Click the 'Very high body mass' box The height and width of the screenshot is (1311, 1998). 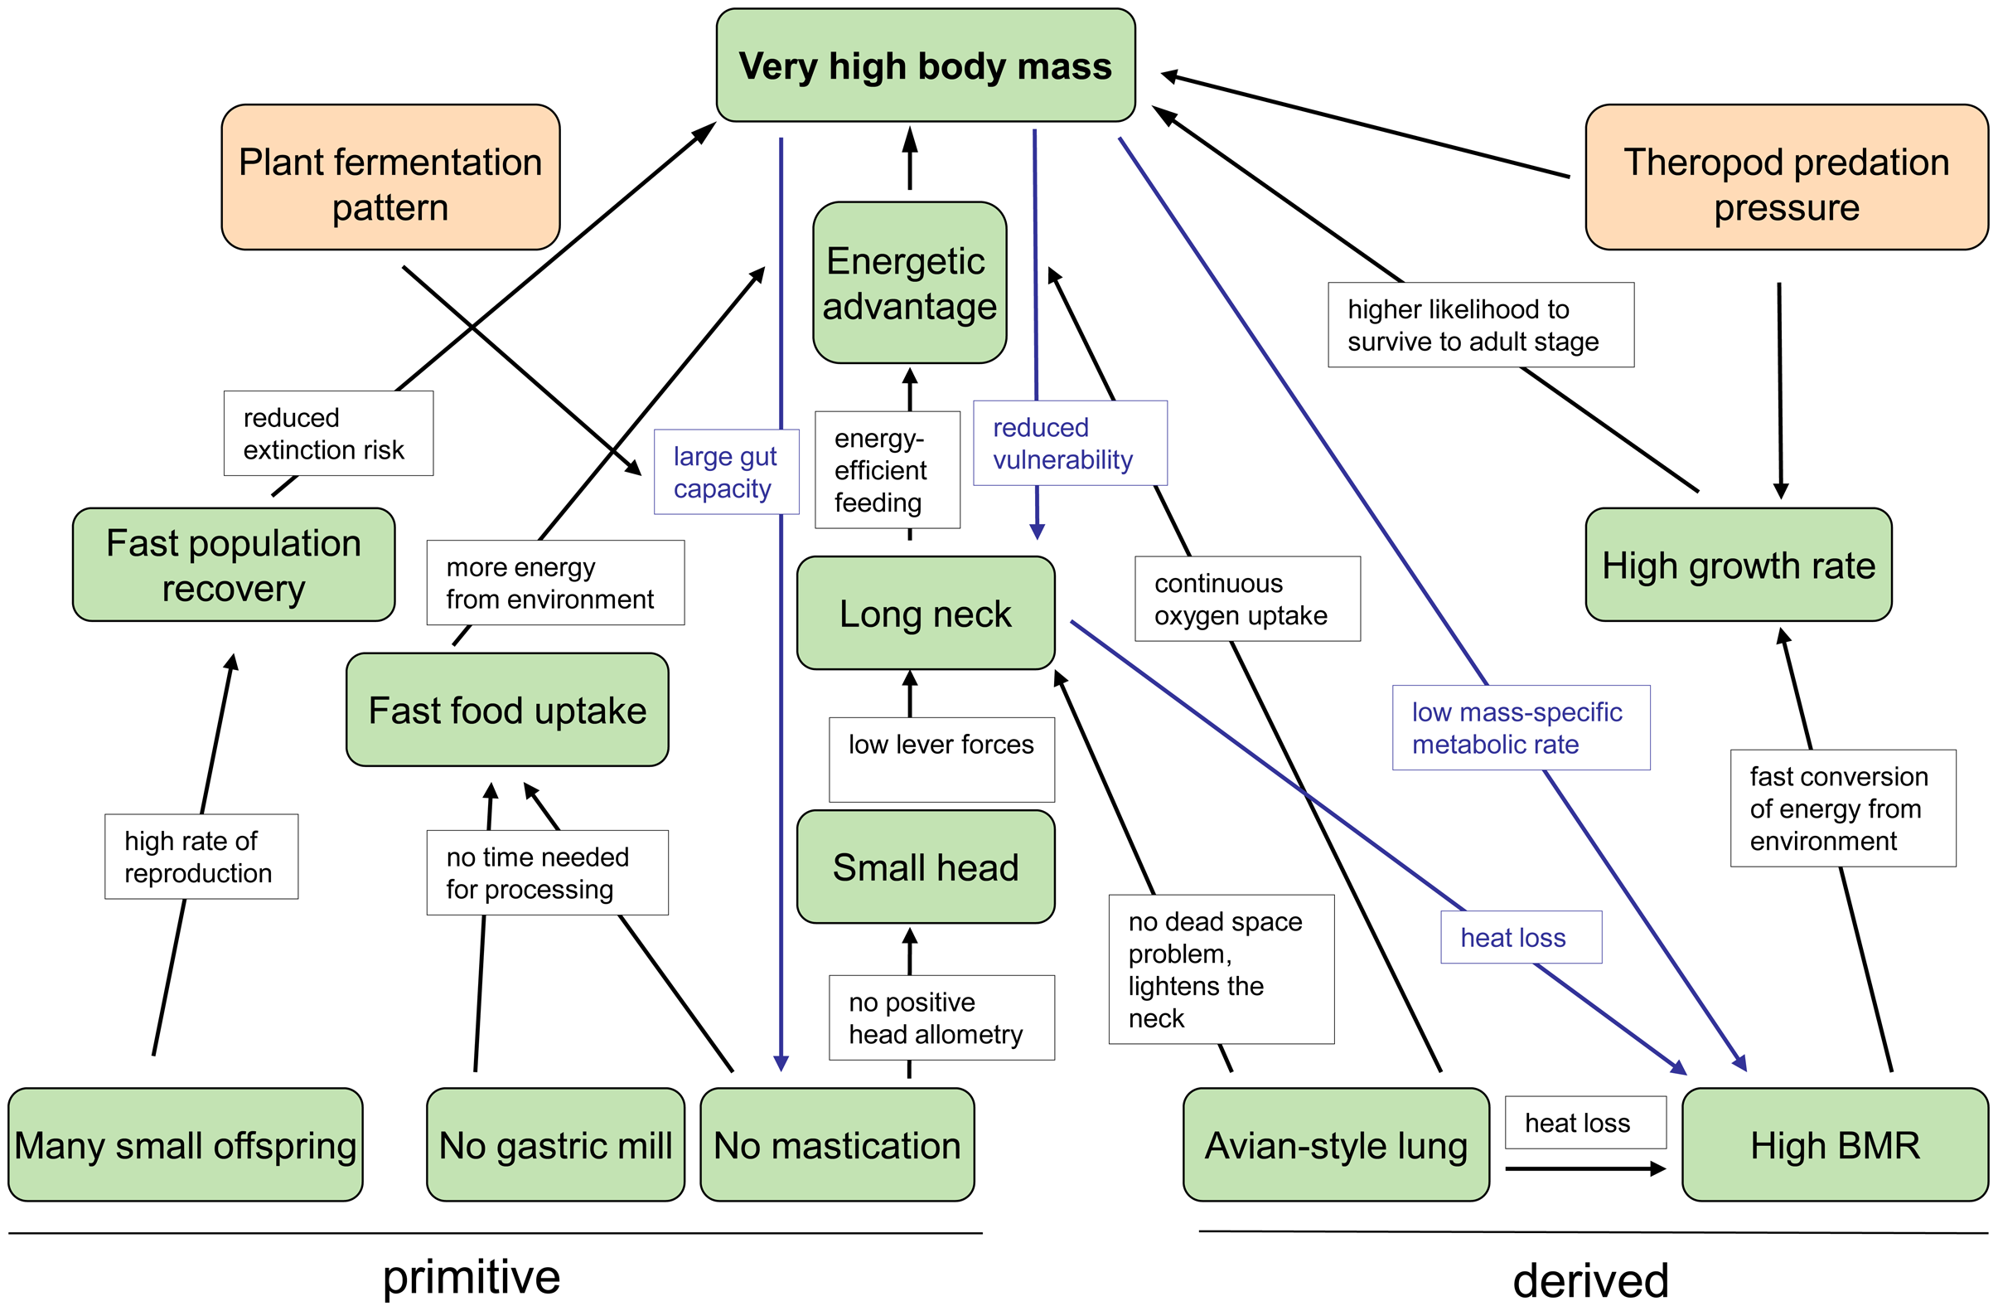coord(925,66)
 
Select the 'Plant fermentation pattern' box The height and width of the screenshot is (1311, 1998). coord(390,177)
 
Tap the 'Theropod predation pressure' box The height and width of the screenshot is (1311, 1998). coord(1786,177)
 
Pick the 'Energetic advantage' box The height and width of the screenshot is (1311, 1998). coord(909,283)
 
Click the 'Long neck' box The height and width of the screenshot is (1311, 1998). coord(925,613)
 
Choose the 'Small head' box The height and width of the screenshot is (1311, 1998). coord(925,867)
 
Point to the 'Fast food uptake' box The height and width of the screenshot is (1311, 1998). coord(507,710)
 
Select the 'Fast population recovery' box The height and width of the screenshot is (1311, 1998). coord(234,565)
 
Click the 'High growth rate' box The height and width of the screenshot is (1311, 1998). coord(1738,565)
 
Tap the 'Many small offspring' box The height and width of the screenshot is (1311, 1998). coord(186,1144)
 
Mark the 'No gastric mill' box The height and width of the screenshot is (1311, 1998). coord(555,1144)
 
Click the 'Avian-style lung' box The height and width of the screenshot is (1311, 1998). coord(1336,1144)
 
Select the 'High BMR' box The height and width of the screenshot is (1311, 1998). coord(1834,1144)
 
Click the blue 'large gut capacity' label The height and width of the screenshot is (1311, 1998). coord(726,472)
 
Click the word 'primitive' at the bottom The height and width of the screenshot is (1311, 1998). coord(471,1277)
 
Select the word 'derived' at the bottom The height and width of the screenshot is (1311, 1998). coord(1590,1281)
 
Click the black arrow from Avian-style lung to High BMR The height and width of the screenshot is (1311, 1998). coord(1583,1168)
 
